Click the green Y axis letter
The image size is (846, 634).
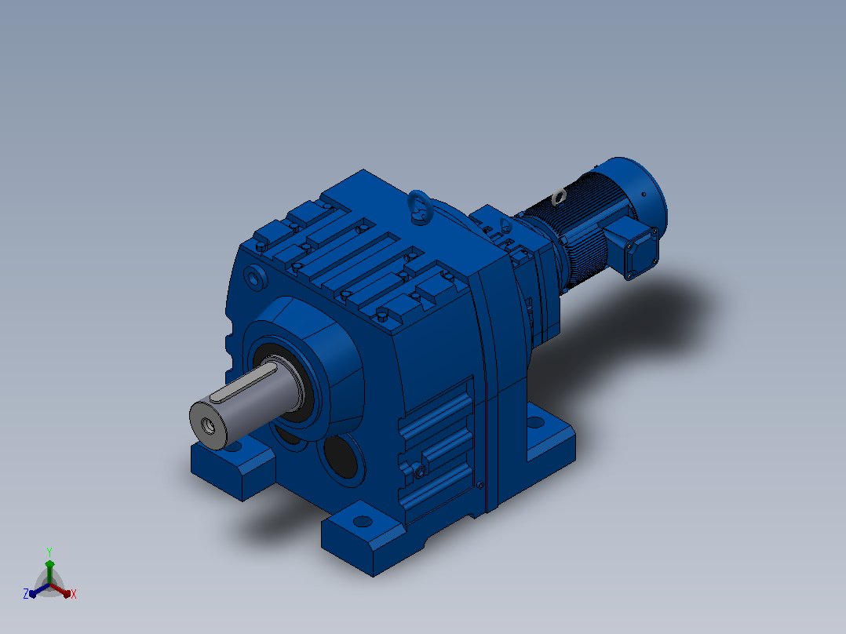49,552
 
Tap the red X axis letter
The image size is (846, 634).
74,594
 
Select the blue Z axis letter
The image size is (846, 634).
26,593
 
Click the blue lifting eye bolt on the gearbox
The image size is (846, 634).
420,206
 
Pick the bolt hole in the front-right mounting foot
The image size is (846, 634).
363,521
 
